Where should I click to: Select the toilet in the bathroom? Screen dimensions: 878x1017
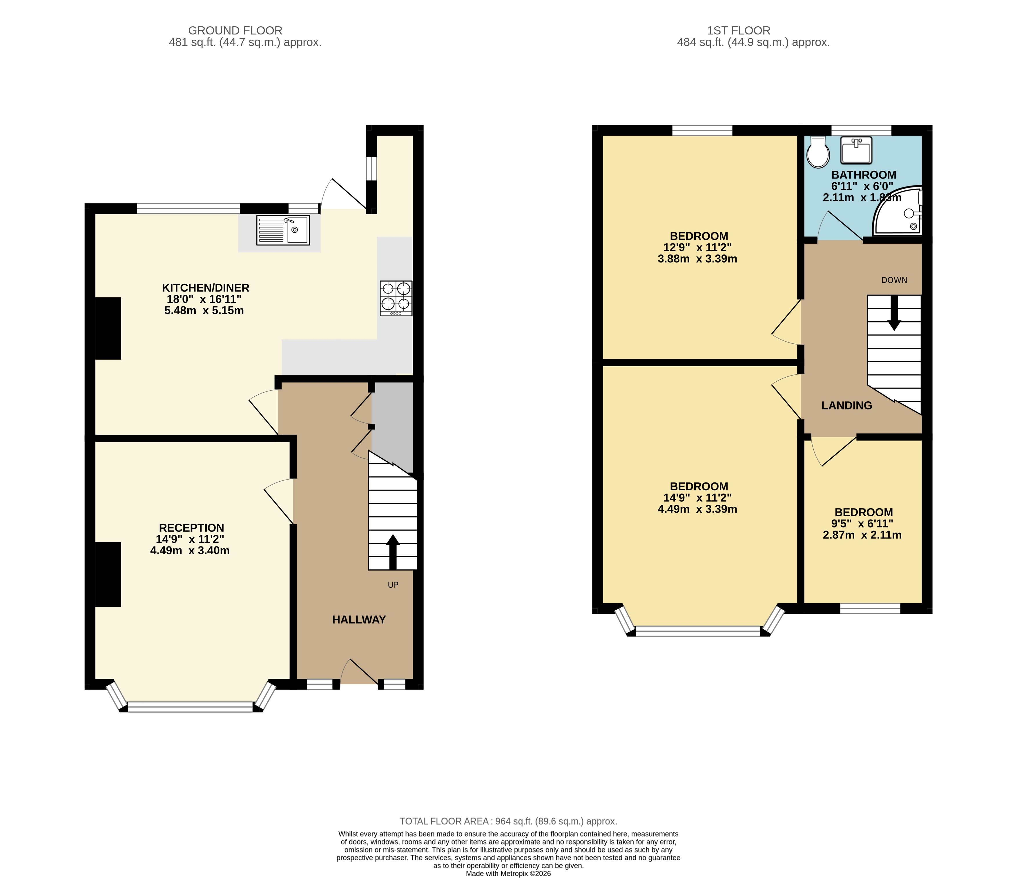(818, 152)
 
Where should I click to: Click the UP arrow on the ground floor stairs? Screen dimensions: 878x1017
(393, 551)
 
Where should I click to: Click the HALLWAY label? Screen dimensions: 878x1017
(359, 620)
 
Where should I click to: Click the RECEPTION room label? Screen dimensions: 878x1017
(191, 528)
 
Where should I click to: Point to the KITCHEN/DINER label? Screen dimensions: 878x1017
(206, 288)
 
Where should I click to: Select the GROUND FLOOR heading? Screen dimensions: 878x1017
(235, 30)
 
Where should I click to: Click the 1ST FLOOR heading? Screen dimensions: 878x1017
(738, 30)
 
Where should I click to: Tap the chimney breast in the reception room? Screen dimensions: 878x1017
(108, 574)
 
